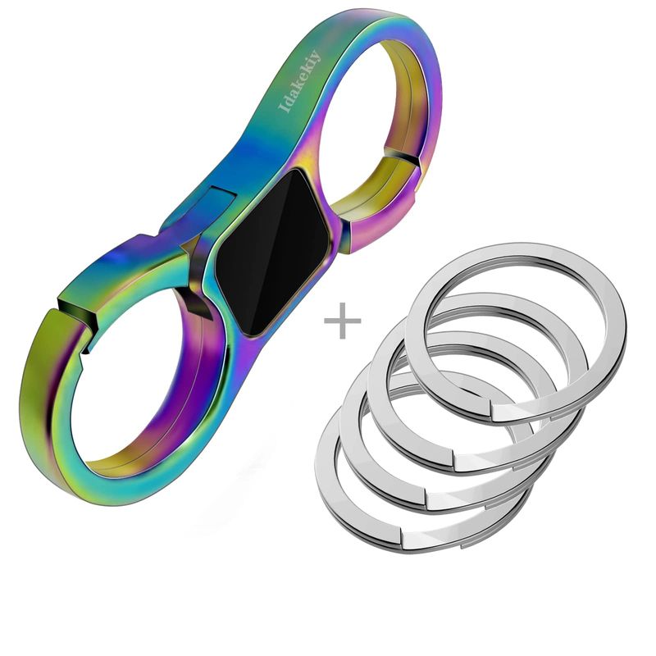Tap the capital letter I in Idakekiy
point(285,107)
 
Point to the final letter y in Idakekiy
point(315,56)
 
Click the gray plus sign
point(343,321)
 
